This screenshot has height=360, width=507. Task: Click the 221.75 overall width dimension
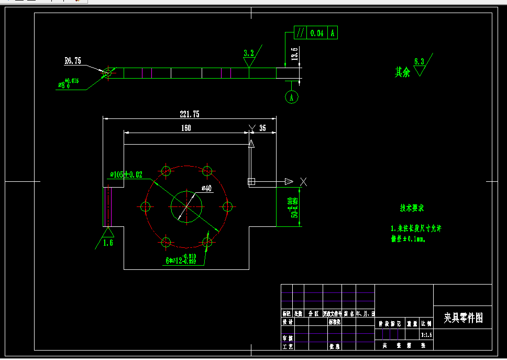tap(190, 114)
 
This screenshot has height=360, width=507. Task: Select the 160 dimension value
tap(186, 127)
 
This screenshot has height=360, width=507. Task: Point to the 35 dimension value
tap(262, 127)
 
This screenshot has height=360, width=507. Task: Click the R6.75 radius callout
tap(73, 61)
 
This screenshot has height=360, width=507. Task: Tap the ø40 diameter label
tap(206, 188)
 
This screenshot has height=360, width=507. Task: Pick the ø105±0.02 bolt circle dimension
tap(126, 174)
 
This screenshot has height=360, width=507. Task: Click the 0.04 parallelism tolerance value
tap(317, 33)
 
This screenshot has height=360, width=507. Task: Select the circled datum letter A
tap(292, 97)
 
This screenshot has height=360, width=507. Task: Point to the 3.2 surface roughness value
tap(249, 53)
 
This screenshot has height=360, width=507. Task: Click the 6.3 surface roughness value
tap(419, 61)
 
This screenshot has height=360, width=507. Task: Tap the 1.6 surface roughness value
tap(108, 243)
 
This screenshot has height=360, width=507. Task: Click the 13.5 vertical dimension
tap(295, 54)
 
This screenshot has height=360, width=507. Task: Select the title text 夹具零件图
tap(463, 318)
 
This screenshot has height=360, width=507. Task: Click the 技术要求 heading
tap(412, 208)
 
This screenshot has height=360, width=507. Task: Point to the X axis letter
tap(303, 181)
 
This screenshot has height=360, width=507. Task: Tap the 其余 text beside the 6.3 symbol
tap(402, 72)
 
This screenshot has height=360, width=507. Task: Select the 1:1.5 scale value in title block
tap(427, 334)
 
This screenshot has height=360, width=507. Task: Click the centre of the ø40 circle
tap(186, 206)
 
